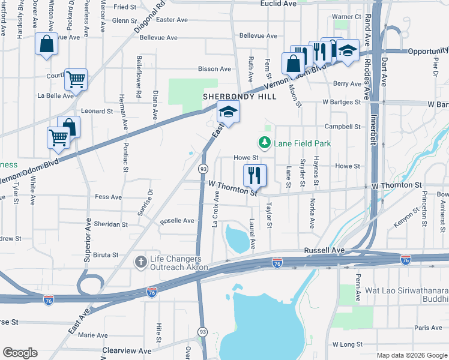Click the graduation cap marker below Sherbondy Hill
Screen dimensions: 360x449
coord(228,111)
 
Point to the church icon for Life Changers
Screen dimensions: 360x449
coord(141,262)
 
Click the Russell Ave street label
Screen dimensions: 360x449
coord(325,250)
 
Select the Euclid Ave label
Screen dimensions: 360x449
coord(279,4)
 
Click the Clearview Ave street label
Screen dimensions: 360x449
coord(127,350)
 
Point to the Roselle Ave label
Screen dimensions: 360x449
coord(177,221)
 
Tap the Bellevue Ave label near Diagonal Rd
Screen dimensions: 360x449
coord(158,37)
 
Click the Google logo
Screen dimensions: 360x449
coord(20,352)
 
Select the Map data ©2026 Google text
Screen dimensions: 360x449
coord(411,355)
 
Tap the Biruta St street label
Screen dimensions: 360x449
coord(106,255)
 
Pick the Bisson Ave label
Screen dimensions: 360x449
coord(215,69)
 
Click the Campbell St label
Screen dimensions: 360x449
coord(342,127)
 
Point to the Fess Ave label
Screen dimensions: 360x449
coord(109,197)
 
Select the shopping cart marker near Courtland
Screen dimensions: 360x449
coord(76,78)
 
